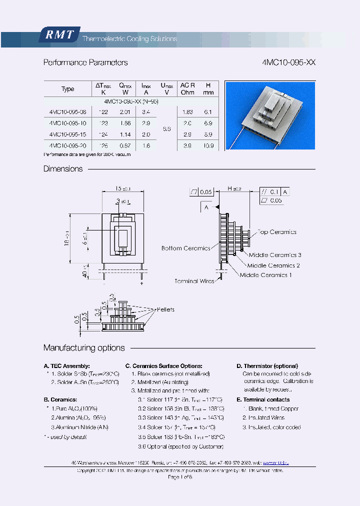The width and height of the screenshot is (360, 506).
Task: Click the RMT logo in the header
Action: point(59,34)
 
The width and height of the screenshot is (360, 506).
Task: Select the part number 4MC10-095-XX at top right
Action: point(288,62)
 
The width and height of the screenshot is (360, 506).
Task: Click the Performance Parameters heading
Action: point(85,62)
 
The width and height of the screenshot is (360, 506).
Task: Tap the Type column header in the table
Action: point(67,89)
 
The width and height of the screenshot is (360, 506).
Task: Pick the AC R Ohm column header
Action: point(187,89)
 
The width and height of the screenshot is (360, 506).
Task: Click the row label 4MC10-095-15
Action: point(67,134)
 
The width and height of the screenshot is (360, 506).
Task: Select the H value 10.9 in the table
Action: point(208,146)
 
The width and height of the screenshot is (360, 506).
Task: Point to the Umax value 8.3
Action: point(166,129)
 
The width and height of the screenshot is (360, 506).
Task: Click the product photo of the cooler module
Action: point(270,115)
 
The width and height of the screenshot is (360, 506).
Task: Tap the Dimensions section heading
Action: point(63,169)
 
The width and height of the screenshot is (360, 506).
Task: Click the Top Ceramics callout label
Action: point(277,232)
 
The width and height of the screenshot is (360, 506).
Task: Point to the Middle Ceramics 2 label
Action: point(273,265)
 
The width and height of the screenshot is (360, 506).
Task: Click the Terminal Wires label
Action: point(194,281)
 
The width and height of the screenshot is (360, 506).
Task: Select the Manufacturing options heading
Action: point(84,348)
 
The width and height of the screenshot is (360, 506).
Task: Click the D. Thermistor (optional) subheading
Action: point(267,366)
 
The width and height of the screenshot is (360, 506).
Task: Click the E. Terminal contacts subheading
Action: point(263,399)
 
